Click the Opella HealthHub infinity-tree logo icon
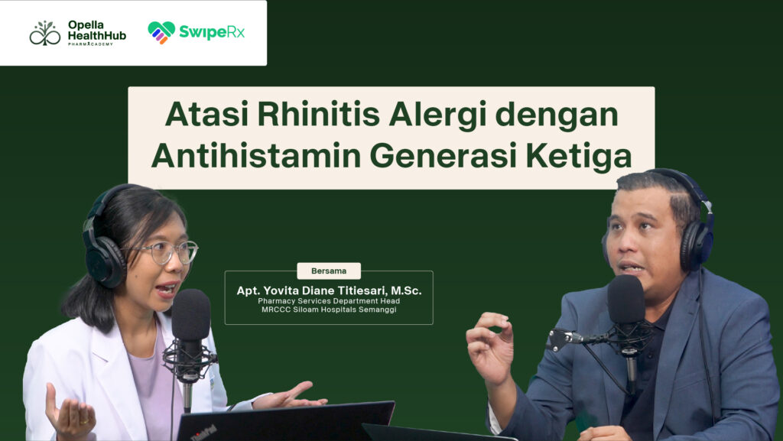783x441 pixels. [x=45, y=34]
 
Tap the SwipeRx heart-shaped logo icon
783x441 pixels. [x=161, y=32]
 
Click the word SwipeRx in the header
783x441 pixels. [x=212, y=32]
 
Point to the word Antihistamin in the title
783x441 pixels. [x=256, y=156]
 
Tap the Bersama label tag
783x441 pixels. [x=329, y=271]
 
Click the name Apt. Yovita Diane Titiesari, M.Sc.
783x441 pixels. [x=329, y=290]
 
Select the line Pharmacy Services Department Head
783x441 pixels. [x=329, y=301]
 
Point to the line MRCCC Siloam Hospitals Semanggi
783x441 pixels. [x=329, y=310]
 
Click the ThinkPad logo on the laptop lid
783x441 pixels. [x=203, y=432]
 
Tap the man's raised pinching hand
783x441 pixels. [x=490, y=347]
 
